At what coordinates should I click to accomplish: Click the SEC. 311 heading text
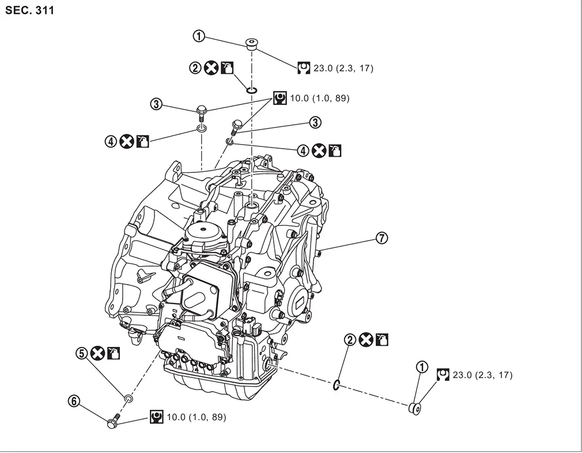click(30, 10)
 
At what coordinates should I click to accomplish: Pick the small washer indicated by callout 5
click(129, 398)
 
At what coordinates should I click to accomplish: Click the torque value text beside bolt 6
click(195, 417)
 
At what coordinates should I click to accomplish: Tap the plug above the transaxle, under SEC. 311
click(251, 44)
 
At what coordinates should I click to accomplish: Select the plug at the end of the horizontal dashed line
click(415, 408)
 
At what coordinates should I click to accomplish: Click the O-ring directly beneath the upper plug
click(251, 90)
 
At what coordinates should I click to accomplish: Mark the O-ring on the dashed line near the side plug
click(337, 385)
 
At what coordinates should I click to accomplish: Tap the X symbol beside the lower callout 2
click(365, 340)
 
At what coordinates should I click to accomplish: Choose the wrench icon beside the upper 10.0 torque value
click(280, 99)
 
